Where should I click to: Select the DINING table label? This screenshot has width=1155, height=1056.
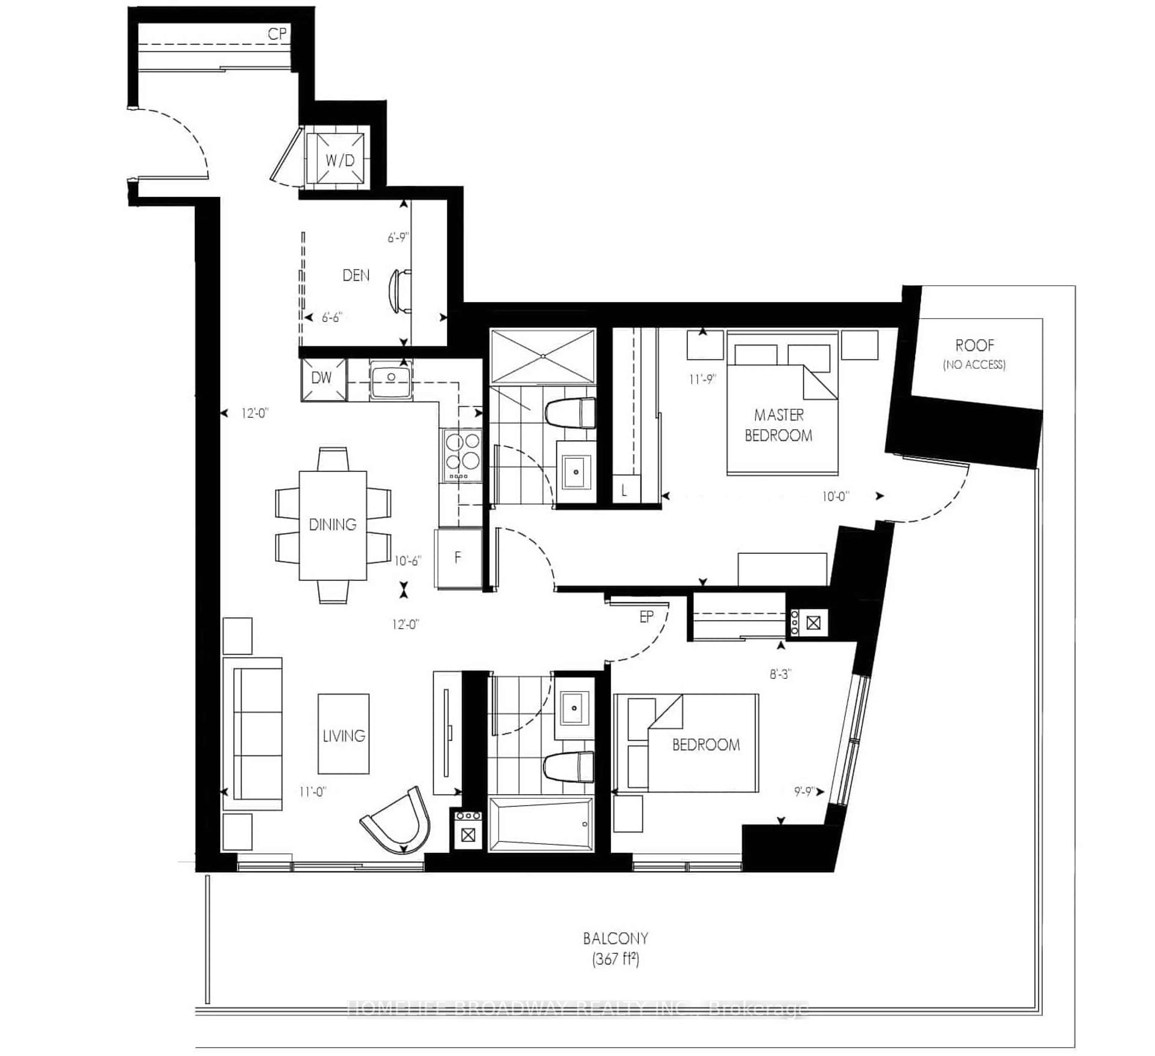pyautogui.click(x=332, y=525)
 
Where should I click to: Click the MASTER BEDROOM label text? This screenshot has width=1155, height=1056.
pyautogui.click(x=779, y=425)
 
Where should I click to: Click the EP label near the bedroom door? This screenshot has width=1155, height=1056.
pyautogui.click(x=646, y=617)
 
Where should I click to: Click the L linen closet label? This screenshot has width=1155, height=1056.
pyautogui.click(x=624, y=490)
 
